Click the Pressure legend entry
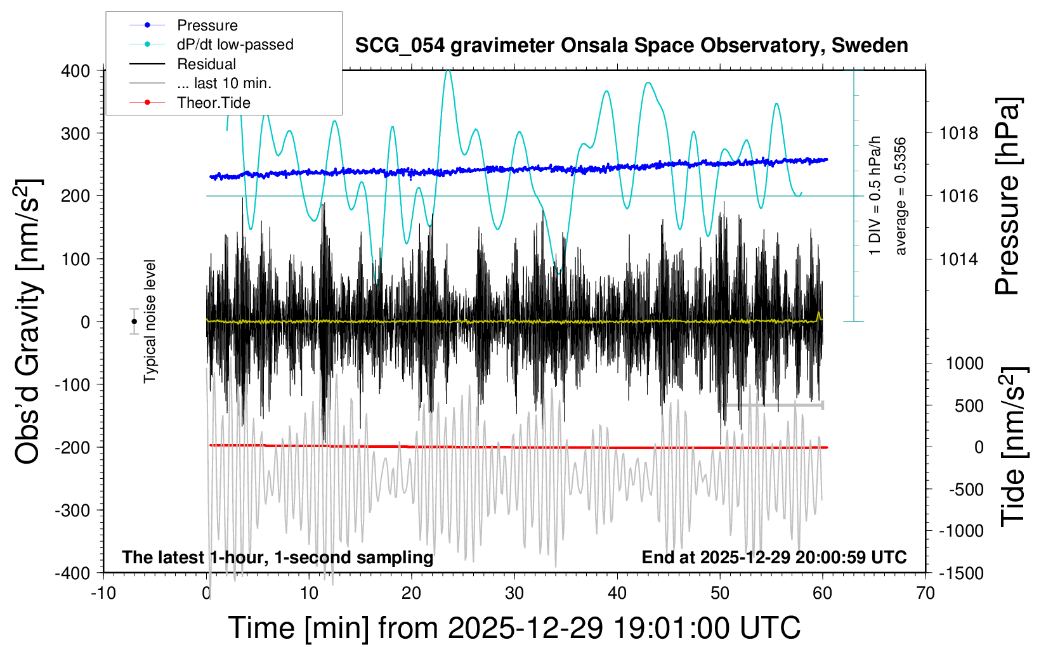[207, 25]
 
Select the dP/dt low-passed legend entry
[235, 44]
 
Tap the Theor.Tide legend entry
[213, 103]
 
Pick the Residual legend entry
[206, 64]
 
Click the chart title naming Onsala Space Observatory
[631, 46]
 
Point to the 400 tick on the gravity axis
[75, 70]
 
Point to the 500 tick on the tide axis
[969, 405]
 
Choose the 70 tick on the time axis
[925, 593]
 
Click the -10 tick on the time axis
[103, 593]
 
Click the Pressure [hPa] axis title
[1007, 197]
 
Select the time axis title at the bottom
[514, 628]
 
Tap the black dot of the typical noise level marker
[134, 322]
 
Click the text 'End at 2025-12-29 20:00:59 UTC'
[774, 557]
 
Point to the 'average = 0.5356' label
[901, 197]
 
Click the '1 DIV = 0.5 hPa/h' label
[875, 195]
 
